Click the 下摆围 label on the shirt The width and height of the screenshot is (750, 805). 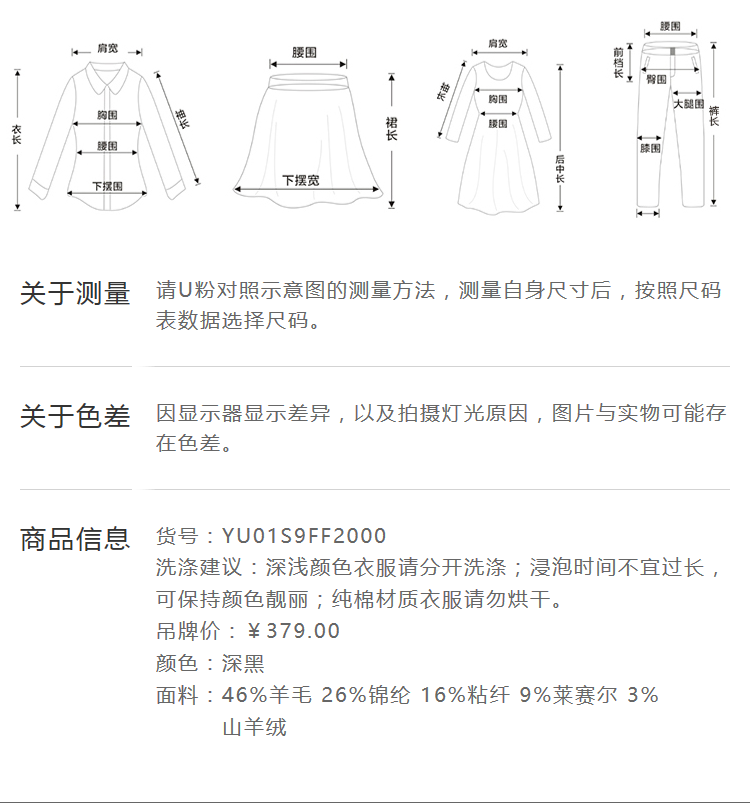click(x=107, y=186)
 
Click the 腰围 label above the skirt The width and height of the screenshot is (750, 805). click(x=305, y=51)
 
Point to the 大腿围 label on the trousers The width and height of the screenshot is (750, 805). click(x=688, y=104)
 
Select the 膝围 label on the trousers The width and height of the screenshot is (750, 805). click(x=650, y=148)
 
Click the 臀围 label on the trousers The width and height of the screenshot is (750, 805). click(x=657, y=79)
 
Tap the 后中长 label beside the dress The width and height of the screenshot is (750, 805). click(x=560, y=167)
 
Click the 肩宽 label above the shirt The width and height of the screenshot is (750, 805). click(x=107, y=48)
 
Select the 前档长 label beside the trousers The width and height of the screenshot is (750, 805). click(x=619, y=62)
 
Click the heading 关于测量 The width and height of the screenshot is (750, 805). click(x=75, y=294)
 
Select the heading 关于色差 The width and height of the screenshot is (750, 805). click(x=75, y=416)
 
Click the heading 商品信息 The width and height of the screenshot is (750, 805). click(x=75, y=539)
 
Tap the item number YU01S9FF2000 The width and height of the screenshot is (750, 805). click(x=304, y=537)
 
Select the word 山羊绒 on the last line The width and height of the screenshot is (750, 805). click(x=254, y=727)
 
